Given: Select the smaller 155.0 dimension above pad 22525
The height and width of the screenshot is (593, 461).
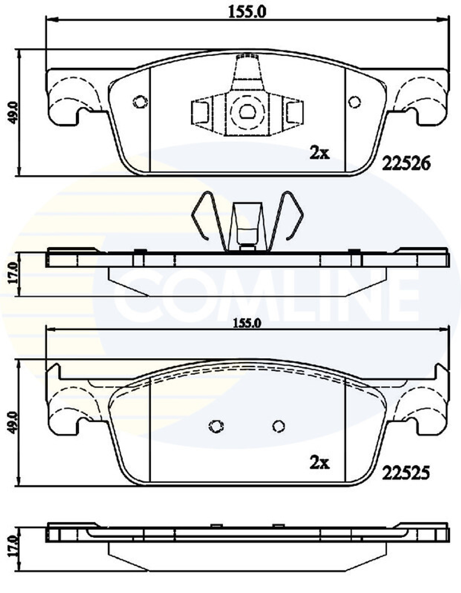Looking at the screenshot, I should pos(248,323).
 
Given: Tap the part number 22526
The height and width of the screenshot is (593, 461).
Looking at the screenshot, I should pos(405,163).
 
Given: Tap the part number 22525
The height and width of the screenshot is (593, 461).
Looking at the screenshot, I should pos(405,472).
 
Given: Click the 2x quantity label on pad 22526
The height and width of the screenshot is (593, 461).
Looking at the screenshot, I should pos(319,153).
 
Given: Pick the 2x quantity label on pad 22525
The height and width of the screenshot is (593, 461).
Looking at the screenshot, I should pos(319,463).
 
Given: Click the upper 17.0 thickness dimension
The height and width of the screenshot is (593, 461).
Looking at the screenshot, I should pos(12,273).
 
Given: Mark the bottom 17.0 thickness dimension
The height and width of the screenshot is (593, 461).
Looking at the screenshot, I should pos(12,546).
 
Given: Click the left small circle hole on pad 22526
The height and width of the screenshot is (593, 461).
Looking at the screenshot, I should pos(139,102).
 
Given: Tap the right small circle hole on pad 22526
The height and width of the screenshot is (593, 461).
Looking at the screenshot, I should pos(355,102).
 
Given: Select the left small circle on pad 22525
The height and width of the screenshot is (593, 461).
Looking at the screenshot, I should pos(216,427).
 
